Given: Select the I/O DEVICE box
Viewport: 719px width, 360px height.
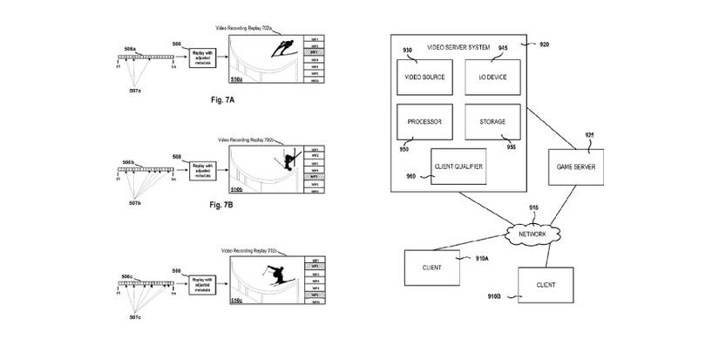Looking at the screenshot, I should pos(494,77).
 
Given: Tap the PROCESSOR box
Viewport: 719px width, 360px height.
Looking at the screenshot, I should pos(424,121).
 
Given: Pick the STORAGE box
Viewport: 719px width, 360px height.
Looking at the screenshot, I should pos(494,121).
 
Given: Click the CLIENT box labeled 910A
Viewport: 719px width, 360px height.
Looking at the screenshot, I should pos(431,267).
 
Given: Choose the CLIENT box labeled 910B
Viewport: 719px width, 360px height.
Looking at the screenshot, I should pos(546,284).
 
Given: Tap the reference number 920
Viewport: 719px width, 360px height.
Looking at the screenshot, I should pos(544,44).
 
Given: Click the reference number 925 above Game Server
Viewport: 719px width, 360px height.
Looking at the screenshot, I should pos(590,135).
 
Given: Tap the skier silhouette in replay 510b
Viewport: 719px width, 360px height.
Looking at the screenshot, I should pos(287,160).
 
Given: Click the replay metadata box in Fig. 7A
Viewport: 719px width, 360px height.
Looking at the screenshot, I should pos(207,58).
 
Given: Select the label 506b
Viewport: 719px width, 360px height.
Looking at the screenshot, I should pos(129,162).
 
